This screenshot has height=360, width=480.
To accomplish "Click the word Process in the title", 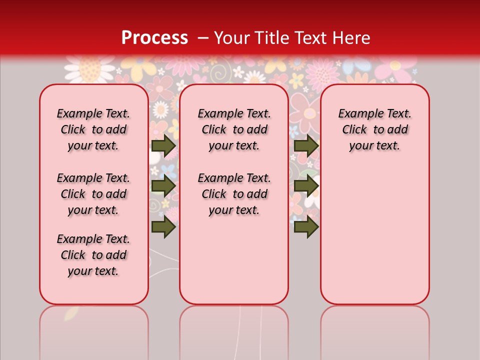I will (x=154, y=38).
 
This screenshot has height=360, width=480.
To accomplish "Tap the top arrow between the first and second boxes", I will (x=163, y=146).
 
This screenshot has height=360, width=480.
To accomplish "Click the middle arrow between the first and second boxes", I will (x=163, y=186).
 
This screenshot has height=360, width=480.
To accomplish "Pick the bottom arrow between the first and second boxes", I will (x=163, y=226).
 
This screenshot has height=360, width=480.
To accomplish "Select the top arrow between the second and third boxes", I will (x=306, y=146).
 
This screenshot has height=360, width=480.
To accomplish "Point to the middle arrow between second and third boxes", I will (x=306, y=186).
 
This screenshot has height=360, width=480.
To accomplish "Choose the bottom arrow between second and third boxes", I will (x=306, y=226).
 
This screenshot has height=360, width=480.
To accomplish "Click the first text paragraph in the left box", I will (x=93, y=129).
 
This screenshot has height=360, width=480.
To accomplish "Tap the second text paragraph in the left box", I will (x=93, y=194).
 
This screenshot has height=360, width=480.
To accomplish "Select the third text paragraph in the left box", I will (x=93, y=255).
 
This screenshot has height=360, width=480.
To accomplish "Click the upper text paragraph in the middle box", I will (x=234, y=129).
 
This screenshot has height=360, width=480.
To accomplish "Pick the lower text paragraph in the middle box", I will (x=234, y=194).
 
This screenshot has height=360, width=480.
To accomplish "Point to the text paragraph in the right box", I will (x=375, y=129).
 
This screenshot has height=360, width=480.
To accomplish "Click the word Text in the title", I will (x=307, y=38).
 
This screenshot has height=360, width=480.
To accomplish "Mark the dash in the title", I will (x=203, y=38).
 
